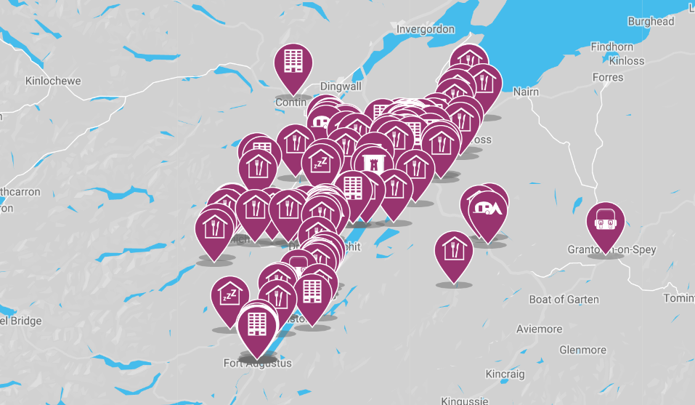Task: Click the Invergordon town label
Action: coord(426,29)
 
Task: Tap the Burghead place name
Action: coord(651,22)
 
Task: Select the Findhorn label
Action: coord(611,47)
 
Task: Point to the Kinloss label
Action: coord(626,60)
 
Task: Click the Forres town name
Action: coord(608,77)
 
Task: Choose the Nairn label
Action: coord(527,92)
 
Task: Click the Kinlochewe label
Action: coord(53,81)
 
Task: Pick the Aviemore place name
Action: coord(539,329)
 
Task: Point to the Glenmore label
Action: coord(583,350)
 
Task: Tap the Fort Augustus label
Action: coord(257,363)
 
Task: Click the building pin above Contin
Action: coord(293,64)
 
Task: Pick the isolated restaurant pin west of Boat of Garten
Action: coord(454,252)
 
